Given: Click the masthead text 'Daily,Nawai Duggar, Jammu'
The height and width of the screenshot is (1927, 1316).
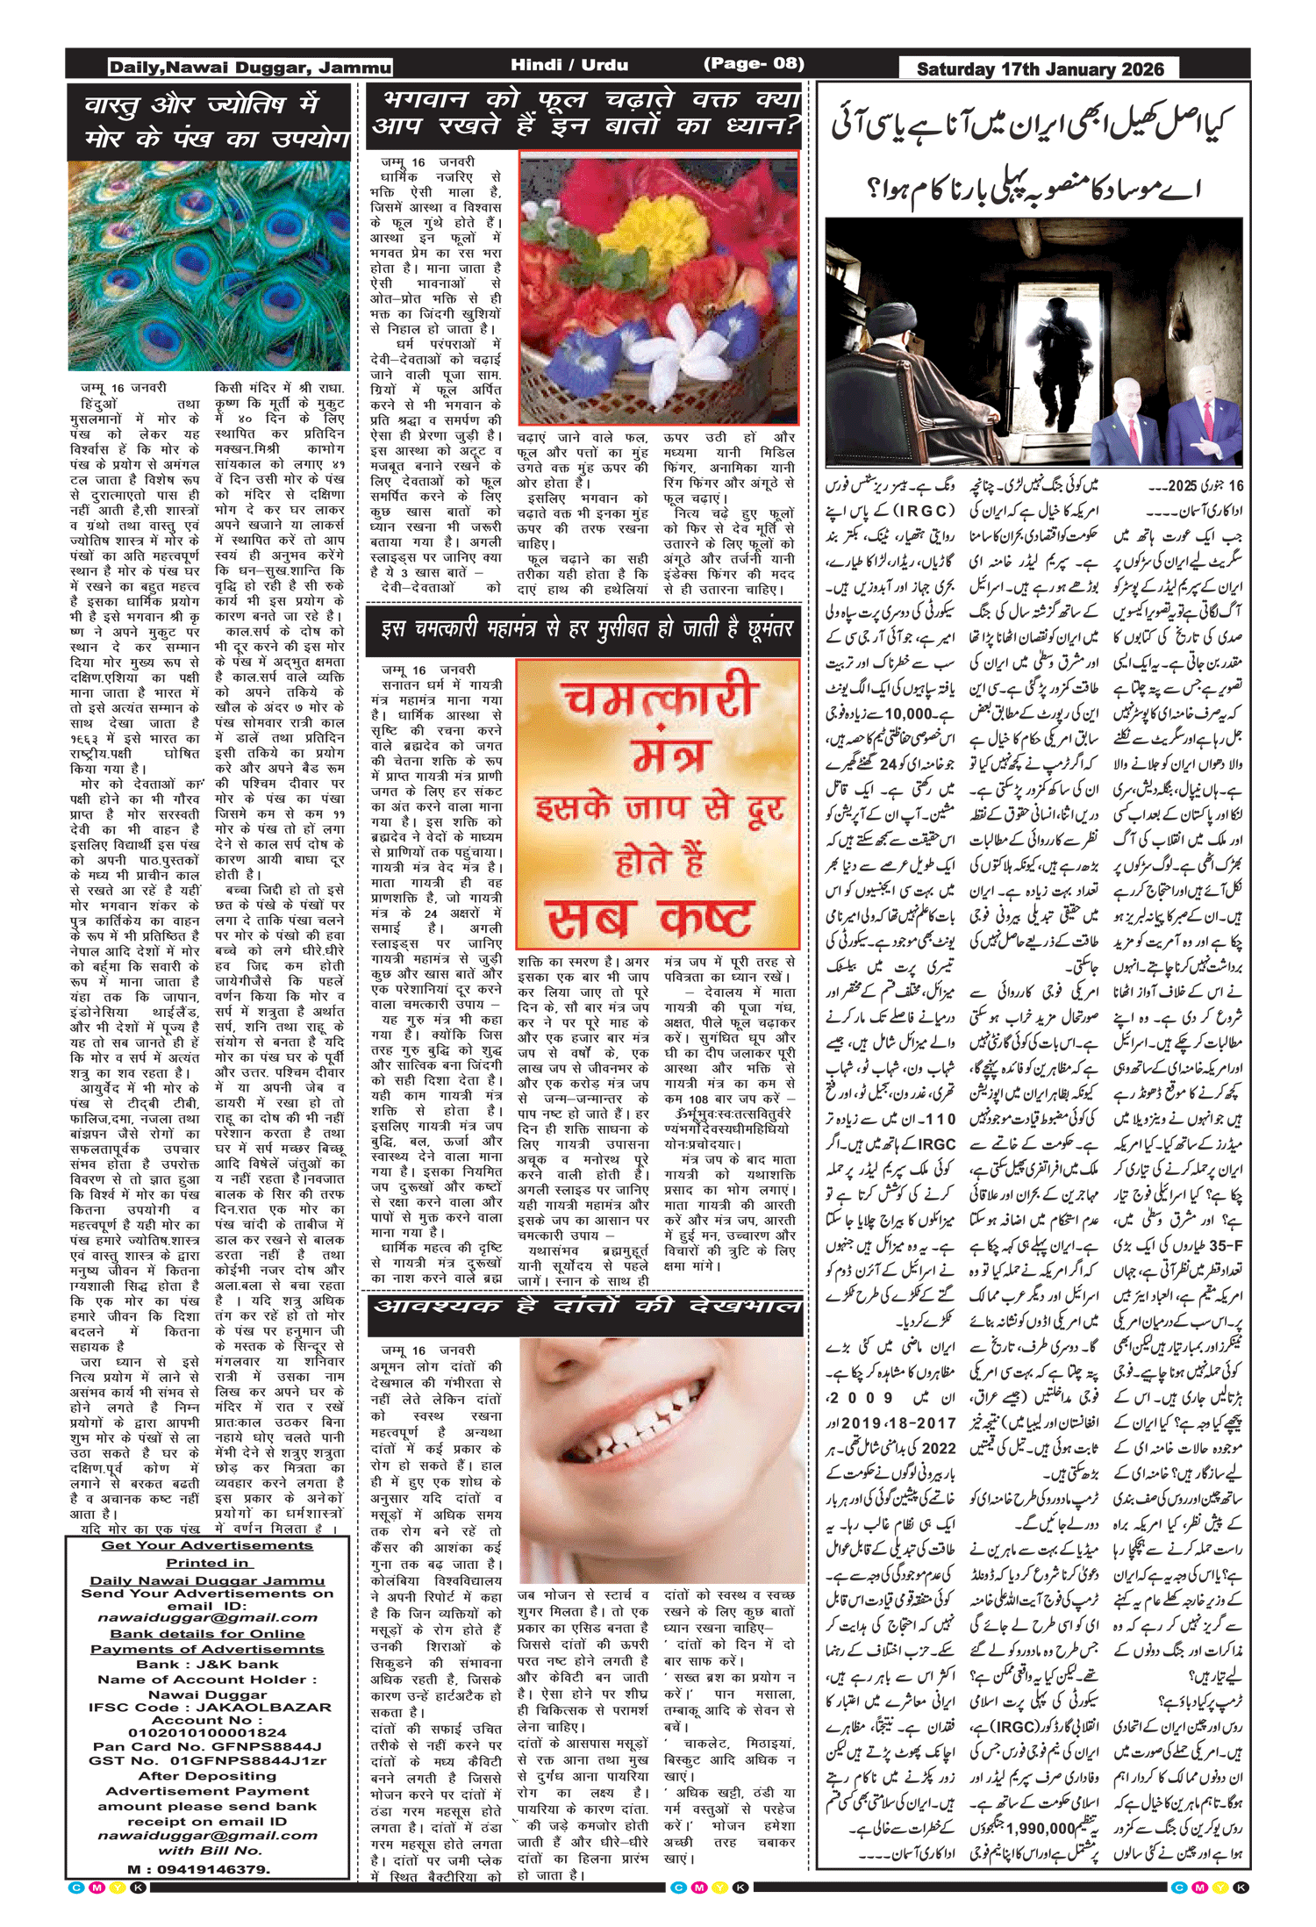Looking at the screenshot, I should coord(250,68).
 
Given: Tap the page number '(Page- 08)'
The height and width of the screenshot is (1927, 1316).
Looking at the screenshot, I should coord(754,63).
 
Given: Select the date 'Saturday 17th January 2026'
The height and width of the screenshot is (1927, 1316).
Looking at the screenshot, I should coord(1040,69).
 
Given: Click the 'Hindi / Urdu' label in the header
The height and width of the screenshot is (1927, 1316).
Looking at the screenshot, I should coord(569,64).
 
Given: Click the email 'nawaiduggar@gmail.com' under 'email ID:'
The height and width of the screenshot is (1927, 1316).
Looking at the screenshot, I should coord(208,1617).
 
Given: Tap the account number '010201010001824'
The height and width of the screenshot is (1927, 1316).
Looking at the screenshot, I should coord(207,1733).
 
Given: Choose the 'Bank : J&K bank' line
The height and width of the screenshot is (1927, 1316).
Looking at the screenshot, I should coord(207,1665).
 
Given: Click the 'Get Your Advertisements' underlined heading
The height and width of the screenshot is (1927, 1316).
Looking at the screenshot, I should coord(207,1545).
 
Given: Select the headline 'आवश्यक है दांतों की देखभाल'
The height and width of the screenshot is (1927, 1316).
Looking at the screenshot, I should coord(586,1307).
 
